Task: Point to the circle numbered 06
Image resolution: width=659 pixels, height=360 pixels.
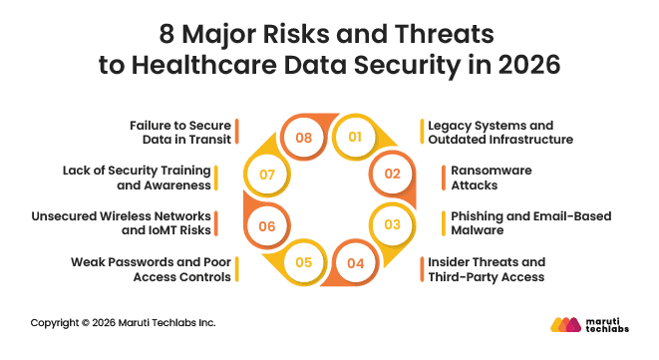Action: (x=266, y=226)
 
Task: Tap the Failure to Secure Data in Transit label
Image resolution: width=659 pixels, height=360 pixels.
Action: (x=180, y=133)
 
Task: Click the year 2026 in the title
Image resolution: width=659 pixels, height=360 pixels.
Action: (x=524, y=66)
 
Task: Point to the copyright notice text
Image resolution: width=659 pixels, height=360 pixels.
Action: (x=123, y=323)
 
